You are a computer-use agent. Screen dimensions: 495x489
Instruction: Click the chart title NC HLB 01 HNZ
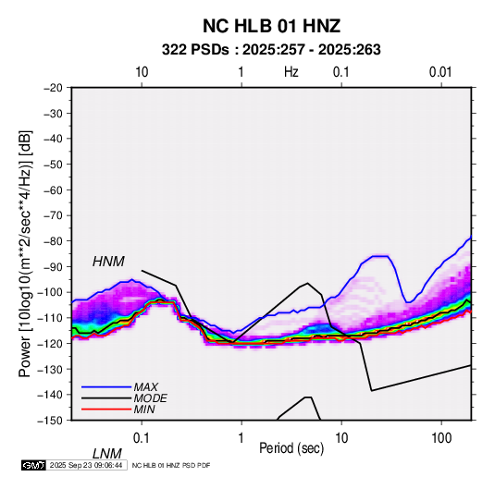(271, 26)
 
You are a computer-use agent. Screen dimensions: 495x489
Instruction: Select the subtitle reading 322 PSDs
(195, 50)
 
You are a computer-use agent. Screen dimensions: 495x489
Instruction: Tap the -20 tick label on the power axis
(53, 88)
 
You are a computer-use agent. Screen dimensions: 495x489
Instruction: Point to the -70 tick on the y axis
(53, 215)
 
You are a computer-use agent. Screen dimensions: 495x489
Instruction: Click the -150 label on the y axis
(50, 421)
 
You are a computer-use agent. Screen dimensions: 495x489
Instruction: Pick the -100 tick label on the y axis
(50, 292)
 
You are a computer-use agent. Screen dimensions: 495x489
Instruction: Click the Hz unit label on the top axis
(291, 72)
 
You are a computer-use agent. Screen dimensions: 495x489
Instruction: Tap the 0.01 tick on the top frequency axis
(440, 72)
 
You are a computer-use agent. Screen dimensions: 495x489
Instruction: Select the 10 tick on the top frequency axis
(142, 72)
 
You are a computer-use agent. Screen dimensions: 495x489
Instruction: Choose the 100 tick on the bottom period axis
(441, 438)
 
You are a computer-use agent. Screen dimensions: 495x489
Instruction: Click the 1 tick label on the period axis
(241, 438)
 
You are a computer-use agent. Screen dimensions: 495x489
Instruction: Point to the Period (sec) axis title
(291, 448)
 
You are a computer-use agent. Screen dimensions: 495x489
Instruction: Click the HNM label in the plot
(108, 262)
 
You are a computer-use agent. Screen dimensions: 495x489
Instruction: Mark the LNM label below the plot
(106, 454)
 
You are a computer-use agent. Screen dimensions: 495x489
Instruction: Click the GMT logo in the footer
(34, 465)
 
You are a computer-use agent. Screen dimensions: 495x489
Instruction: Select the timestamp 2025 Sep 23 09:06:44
(86, 465)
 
